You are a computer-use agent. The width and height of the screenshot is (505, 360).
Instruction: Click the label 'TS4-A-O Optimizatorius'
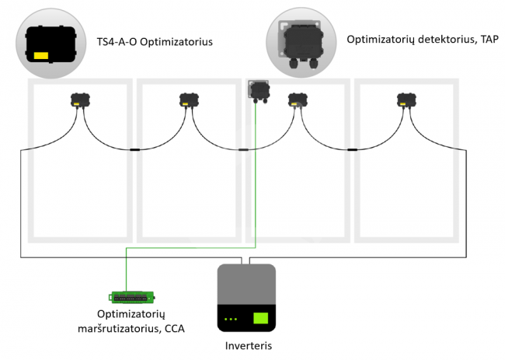155,42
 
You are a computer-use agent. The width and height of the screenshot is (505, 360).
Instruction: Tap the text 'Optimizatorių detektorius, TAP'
423,40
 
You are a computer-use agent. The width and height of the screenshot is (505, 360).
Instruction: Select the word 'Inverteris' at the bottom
249,346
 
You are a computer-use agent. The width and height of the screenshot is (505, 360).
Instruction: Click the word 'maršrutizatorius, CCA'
131,329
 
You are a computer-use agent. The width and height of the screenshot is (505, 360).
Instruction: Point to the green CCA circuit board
132,297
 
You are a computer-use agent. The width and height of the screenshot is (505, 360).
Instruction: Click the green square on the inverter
261,318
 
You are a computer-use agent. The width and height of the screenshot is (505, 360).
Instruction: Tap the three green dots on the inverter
231,319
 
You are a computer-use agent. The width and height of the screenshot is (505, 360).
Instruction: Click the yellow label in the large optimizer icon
41,56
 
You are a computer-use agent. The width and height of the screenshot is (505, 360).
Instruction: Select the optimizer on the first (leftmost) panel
80,100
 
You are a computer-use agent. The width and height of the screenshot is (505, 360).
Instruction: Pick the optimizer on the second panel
189,100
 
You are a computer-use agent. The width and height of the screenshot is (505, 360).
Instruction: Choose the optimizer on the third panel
298,100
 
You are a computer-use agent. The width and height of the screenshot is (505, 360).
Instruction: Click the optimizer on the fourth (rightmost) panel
406,100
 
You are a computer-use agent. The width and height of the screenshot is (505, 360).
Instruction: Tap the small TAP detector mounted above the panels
259,91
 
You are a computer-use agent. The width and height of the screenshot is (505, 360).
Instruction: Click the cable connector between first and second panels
134,149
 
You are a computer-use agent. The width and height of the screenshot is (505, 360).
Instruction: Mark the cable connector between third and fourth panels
353,149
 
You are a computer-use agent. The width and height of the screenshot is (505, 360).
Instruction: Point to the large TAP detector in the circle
301,44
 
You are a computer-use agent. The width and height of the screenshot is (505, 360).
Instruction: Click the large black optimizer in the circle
50,44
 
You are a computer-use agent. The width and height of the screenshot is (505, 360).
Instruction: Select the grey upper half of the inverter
247,284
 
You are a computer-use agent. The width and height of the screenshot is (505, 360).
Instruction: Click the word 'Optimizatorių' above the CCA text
131,314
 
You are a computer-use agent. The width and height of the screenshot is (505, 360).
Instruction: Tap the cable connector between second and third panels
243,149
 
